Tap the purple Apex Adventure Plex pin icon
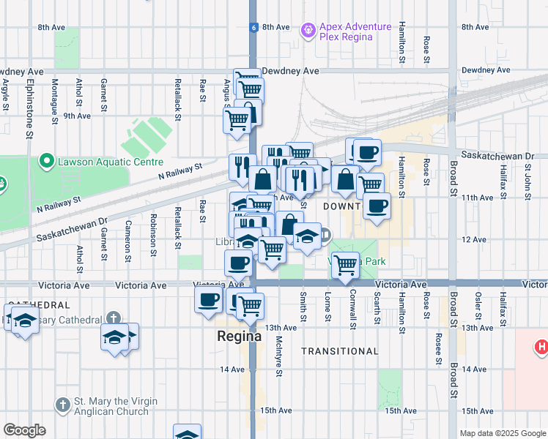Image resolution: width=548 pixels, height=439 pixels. point(308,29)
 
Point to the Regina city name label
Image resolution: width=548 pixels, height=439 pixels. point(239,337)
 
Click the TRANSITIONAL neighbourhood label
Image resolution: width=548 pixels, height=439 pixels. point(340,351)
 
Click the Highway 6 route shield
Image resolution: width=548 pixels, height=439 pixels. point(253,27)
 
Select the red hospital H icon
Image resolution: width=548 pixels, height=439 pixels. point(541,345)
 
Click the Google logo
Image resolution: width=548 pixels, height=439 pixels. point(24,430)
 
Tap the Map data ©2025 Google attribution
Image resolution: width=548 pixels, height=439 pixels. point(502,433)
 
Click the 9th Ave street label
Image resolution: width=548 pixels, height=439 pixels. point(76,116)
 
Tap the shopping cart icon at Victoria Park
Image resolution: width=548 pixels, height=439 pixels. point(344,265)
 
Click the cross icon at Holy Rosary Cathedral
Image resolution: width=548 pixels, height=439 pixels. point(113,318)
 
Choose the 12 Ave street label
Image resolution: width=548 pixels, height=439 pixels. point(474,239)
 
